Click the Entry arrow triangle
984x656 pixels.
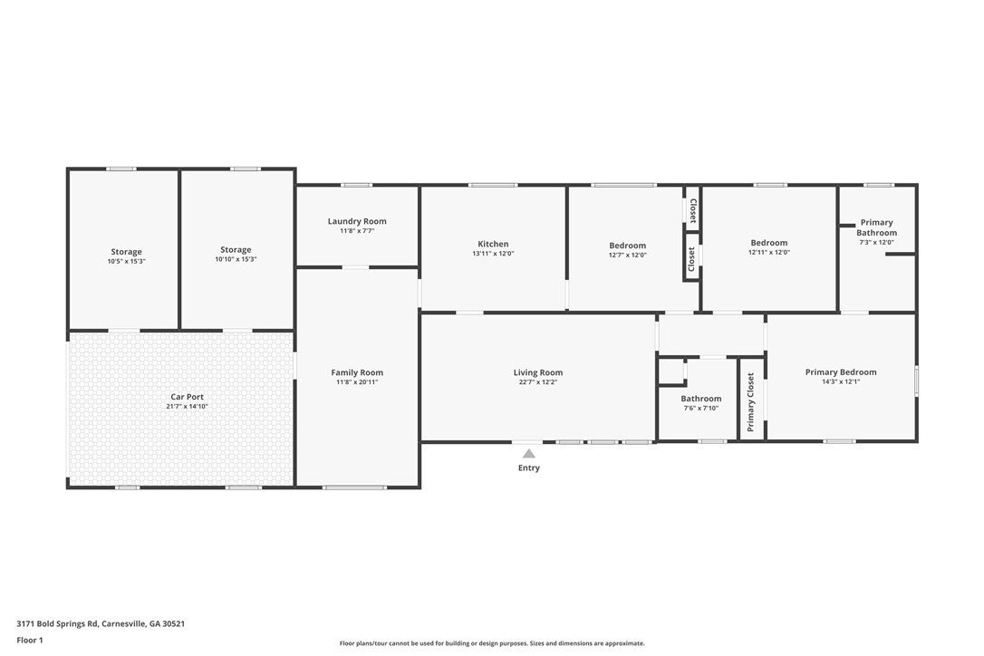click(x=529, y=453)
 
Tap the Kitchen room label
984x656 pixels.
click(x=493, y=245)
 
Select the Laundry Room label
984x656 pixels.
click(x=357, y=221)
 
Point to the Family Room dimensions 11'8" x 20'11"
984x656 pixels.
click(x=357, y=381)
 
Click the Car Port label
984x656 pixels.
click(x=187, y=397)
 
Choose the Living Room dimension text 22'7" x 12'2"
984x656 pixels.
click(x=538, y=381)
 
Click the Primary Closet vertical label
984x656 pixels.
click(x=750, y=402)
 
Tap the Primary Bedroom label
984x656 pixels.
click(x=841, y=372)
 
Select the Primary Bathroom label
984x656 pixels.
click(x=877, y=227)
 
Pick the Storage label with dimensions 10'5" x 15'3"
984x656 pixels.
click(x=126, y=252)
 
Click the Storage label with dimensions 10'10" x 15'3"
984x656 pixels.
click(x=236, y=250)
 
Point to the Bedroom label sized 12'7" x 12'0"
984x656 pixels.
click(x=628, y=246)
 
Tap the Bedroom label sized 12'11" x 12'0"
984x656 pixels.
click(x=768, y=243)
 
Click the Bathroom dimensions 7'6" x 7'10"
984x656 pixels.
click(x=701, y=408)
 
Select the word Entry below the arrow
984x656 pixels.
click(x=529, y=468)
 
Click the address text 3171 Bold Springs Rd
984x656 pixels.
click(x=57, y=624)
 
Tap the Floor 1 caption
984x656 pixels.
click(x=30, y=641)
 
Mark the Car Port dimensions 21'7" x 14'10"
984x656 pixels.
click(x=187, y=406)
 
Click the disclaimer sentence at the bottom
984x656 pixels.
click(x=492, y=642)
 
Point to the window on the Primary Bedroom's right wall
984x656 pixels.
click(x=916, y=381)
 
